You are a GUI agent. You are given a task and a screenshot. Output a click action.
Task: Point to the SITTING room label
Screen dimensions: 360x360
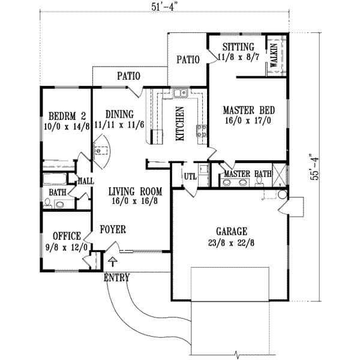coord(238,47)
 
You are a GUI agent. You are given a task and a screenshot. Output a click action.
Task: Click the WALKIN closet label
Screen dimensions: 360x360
coord(273,55)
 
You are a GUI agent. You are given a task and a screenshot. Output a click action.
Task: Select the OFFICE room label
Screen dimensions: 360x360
coord(66,236)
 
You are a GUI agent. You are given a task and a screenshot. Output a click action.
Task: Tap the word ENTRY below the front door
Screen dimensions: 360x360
coord(116,277)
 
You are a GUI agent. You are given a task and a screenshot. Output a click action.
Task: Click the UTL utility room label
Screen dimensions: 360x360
coord(190,176)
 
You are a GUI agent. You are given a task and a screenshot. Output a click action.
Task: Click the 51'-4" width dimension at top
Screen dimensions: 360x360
coord(161,7)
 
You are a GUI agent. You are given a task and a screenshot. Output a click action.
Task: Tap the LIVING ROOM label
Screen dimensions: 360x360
coord(136,191)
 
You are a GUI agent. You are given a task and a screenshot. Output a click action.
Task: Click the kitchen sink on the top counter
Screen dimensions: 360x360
coord(179,93)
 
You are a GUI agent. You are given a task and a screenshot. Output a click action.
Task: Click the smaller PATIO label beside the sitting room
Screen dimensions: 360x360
coord(187,59)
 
